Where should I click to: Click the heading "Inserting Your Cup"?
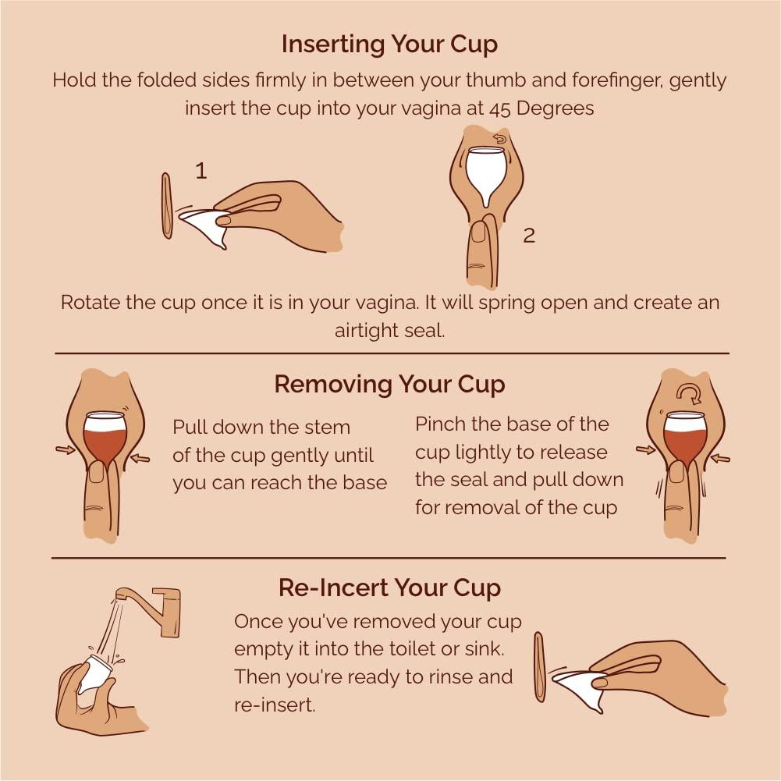(389, 44)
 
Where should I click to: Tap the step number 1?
(201, 171)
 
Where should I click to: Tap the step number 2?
(529, 235)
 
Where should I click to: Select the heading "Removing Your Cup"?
(389, 385)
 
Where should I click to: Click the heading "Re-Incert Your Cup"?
(389, 588)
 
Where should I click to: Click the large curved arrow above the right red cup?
(688, 391)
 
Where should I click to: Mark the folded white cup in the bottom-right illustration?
(581, 687)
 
